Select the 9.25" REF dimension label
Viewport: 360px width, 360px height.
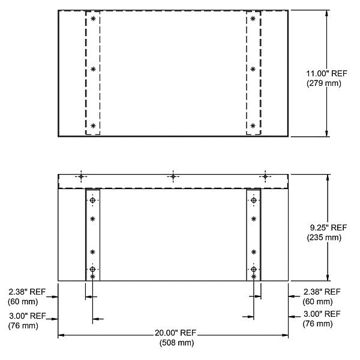[x=327, y=228]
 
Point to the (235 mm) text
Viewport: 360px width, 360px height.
[x=327, y=237]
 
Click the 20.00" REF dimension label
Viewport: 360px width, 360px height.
[x=174, y=334]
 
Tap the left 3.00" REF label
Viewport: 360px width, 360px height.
[x=26, y=315]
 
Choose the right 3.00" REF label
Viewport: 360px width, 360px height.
[x=322, y=315]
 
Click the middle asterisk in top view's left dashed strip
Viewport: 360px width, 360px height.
[x=93, y=69]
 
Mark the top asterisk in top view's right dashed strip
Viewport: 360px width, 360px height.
[x=253, y=19]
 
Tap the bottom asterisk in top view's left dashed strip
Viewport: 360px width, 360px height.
[x=93, y=125]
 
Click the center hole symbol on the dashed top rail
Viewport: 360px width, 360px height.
[x=173, y=176]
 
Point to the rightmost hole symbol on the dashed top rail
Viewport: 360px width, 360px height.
[x=265, y=176]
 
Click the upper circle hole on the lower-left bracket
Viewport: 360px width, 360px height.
[x=92, y=200]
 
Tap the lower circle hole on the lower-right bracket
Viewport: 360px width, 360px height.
[x=253, y=269]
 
